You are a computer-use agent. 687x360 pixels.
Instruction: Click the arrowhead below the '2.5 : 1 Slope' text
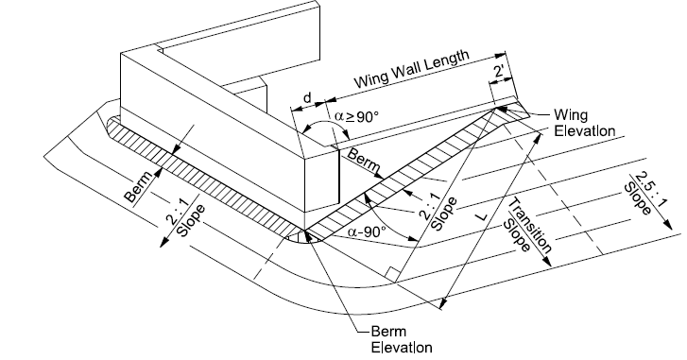click(x=674, y=228)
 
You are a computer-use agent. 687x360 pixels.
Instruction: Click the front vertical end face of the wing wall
click(x=322, y=183)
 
